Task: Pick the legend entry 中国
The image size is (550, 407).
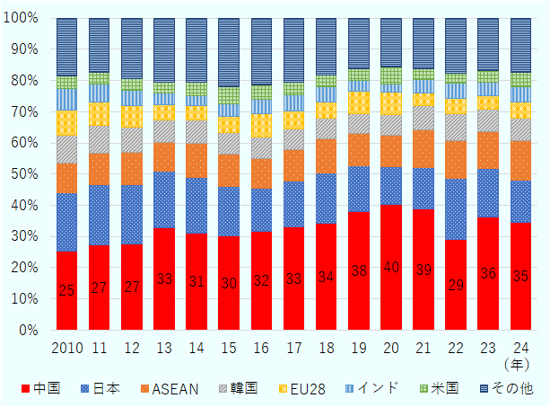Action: click(39, 389)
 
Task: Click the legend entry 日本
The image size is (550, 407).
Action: click(102, 389)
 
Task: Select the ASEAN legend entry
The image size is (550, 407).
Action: click(170, 389)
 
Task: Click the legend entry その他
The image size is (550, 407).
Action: click(508, 389)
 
